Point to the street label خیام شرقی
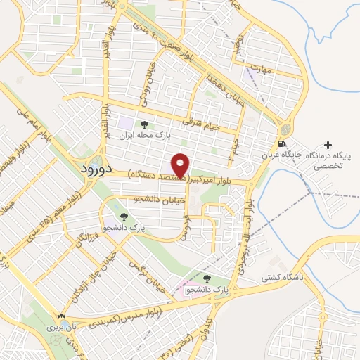coord(202,122)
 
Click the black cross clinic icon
coord(327,143)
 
